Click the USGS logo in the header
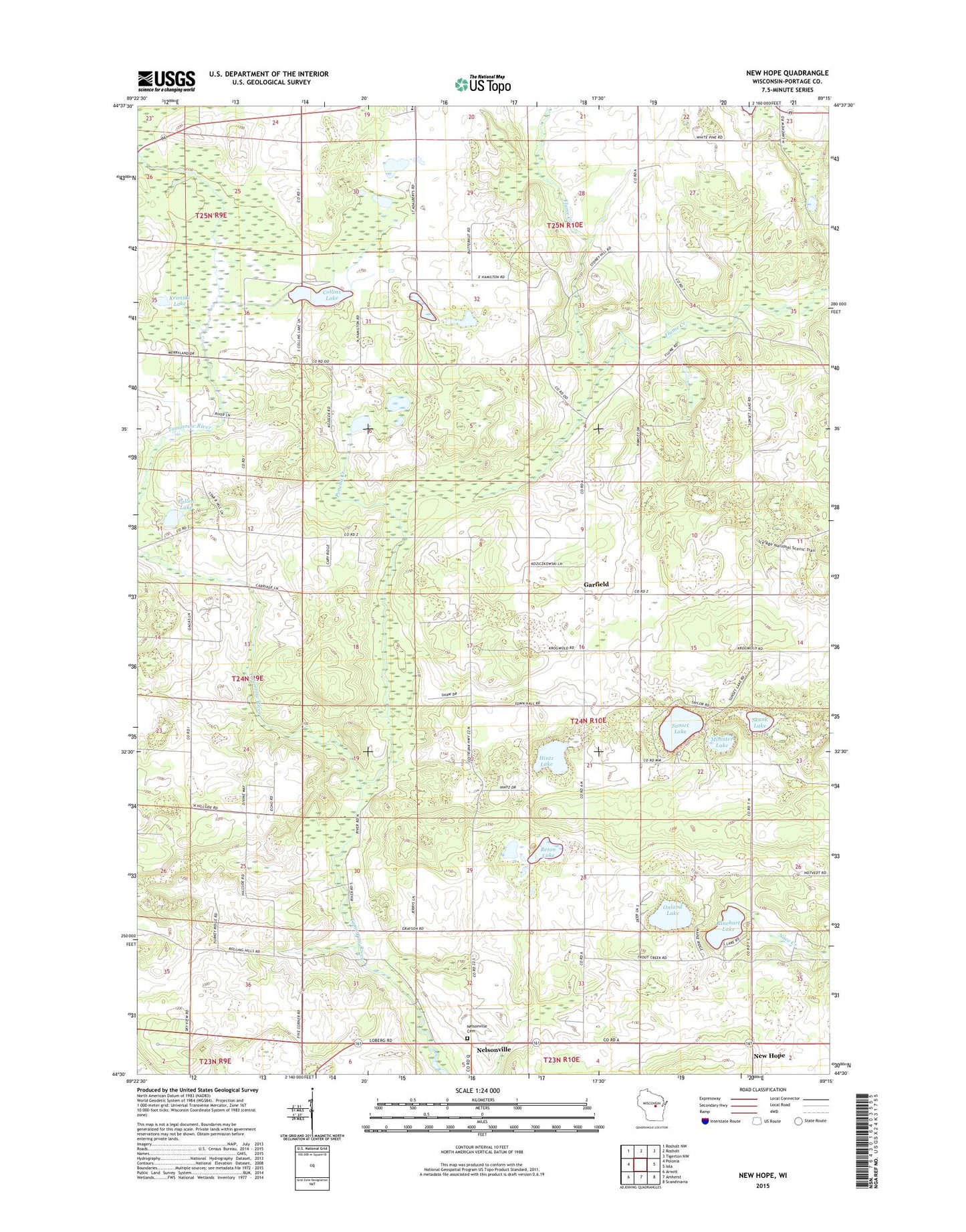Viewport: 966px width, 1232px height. coord(166,81)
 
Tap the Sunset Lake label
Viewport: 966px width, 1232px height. coord(680,728)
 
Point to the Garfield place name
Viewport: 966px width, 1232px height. coord(596,584)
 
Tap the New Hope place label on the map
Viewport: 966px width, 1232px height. coord(769,1074)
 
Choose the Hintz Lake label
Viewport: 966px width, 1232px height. coord(546,761)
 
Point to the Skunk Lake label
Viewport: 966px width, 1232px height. coord(760,722)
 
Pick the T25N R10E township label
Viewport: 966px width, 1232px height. coord(565,226)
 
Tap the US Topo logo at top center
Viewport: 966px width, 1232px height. coord(483,84)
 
